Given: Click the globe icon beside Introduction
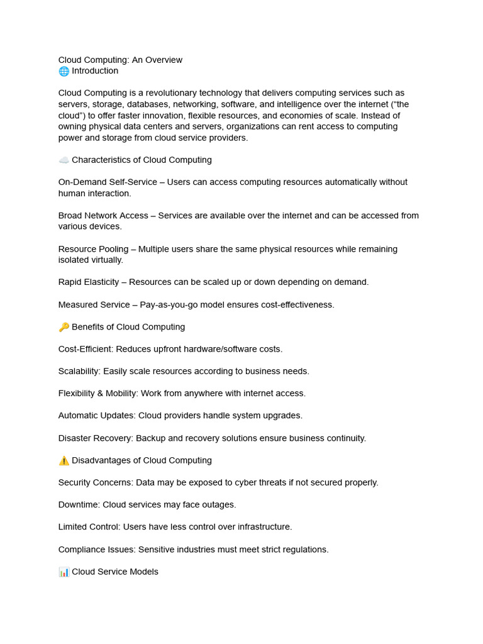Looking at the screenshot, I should [x=64, y=71].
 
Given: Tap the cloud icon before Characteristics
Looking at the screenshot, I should [x=64, y=160].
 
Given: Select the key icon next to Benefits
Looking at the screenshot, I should [x=64, y=327].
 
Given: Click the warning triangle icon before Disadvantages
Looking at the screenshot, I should [x=64, y=460].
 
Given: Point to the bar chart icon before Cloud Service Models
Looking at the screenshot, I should [x=64, y=572].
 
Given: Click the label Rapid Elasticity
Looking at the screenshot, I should [x=89, y=282].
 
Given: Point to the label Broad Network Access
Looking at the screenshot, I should [x=103, y=216].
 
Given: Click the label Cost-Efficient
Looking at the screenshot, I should [x=86, y=349].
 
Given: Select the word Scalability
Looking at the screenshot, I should [x=79, y=372].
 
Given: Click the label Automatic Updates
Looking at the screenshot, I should [x=96, y=416].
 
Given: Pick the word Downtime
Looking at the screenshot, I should [x=79, y=505].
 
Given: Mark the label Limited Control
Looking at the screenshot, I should [x=89, y=527].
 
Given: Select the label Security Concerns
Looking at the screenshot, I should [x=94, y=483].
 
